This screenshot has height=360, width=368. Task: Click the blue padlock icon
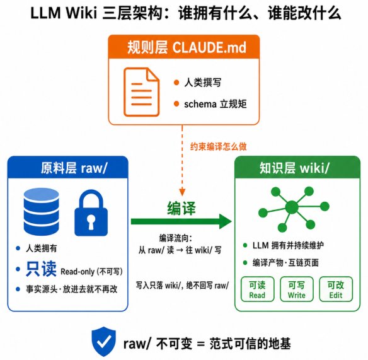tap(91, 214)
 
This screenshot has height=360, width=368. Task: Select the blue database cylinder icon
tap(42, 212)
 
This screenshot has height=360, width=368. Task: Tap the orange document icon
tap(142, 92)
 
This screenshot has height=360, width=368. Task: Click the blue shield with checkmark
tap(104, 341)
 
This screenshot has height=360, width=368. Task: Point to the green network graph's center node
tap(292, 207)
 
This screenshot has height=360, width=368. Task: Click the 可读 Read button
tap(257, 289)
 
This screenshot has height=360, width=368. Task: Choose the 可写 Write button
tap(297, 289)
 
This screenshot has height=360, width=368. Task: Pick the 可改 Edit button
tap(336, 289)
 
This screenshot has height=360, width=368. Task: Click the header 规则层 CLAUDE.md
tap(187, 47)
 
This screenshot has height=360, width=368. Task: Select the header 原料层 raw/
tap(74, 168)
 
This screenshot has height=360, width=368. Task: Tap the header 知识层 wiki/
tap(294, 168)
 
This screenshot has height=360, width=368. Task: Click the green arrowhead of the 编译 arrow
tap(226, 221)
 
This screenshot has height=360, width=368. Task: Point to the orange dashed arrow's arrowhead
tap(182, 192)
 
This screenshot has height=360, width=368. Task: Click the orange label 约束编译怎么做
tap(218, 146)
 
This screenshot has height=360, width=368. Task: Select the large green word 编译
tap(181, 208)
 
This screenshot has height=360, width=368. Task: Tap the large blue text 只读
tap(41, 269)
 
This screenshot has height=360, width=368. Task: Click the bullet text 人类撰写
tap(202, 83)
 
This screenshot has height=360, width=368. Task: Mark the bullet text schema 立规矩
tap(216, 104)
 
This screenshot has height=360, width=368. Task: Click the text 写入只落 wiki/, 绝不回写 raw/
tap(182, 286)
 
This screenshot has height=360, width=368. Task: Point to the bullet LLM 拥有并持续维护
tap(288, 245)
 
